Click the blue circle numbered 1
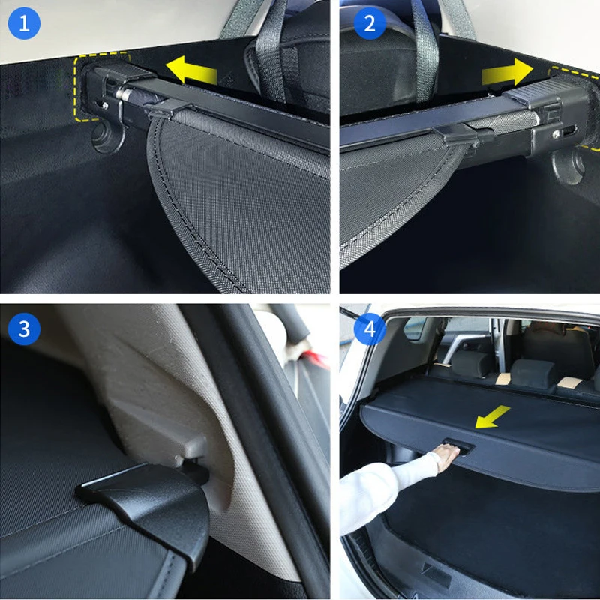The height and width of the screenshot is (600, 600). (x=24, y=23)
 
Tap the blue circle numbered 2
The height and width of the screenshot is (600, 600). (x=370, y=23)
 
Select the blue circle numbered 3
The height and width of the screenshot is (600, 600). (x=24, y=328)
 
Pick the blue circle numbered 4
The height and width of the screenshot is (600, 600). (x=370, y=328)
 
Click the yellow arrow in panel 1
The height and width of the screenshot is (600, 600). (x=191, y=70)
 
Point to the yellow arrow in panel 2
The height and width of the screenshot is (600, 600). (x=508, y=72)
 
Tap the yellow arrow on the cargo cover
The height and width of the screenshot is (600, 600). (x=492, y=417)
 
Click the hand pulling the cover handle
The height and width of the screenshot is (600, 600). (x=447, y=457)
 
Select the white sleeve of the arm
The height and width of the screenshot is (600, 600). (x=386, y=490)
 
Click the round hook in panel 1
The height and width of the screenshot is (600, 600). (x=107, y=136)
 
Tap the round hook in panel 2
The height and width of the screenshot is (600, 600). (x=568, y=166)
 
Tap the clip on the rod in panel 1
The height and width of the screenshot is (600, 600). (x=168, y=108)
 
